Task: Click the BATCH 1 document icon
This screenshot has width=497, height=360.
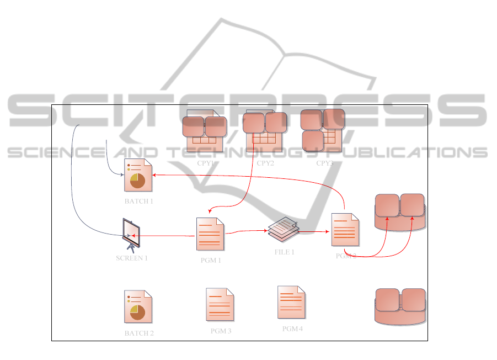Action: (138, 175)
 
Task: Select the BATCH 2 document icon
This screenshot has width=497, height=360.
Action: (138, 306)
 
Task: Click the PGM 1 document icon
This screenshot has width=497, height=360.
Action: (210, 234)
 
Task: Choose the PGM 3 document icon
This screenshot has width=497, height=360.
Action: (220, 304)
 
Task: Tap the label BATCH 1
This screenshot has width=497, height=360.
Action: (138, 201)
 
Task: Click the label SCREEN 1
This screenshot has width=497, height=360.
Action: (132, 258)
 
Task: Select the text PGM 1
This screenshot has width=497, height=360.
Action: (211, 261)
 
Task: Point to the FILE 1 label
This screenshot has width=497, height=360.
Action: (284, 252)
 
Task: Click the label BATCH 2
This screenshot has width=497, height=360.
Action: (139, 333)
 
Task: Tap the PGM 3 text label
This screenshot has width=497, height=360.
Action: (221, 331)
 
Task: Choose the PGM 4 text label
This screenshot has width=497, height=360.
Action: (292, 329)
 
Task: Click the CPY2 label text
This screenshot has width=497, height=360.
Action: (265, 163)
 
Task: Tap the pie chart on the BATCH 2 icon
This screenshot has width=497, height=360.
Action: (137, 313)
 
